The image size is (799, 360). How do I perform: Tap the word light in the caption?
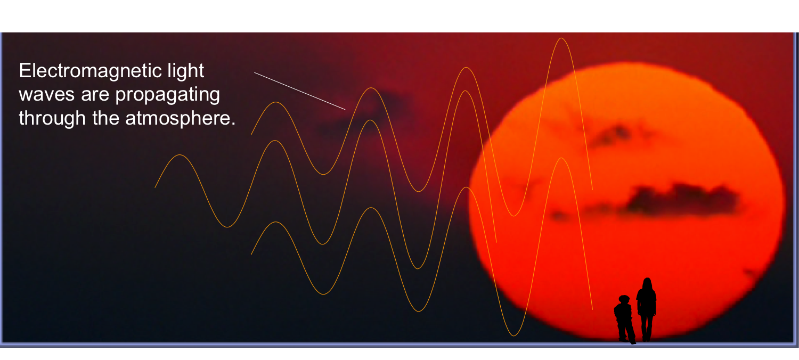click(x=186, y=71)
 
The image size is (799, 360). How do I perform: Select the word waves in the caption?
click(x=47, y=95)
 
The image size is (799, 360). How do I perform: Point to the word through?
click(x=52, y=118)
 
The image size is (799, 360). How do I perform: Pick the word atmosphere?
click(x=178, y=119)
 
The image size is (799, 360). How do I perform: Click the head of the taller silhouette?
click(x=647, y=284)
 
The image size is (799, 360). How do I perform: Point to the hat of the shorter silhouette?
click(x=624, y=298)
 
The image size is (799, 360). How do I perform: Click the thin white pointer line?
click(x=299, y=91)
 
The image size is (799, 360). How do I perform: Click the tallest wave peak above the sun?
click(x=561, y=38)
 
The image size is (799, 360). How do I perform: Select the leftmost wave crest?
click(x=180, y=156)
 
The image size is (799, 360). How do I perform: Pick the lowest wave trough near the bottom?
click(x=513, y=335)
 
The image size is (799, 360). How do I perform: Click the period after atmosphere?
click(x=233, y=124)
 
